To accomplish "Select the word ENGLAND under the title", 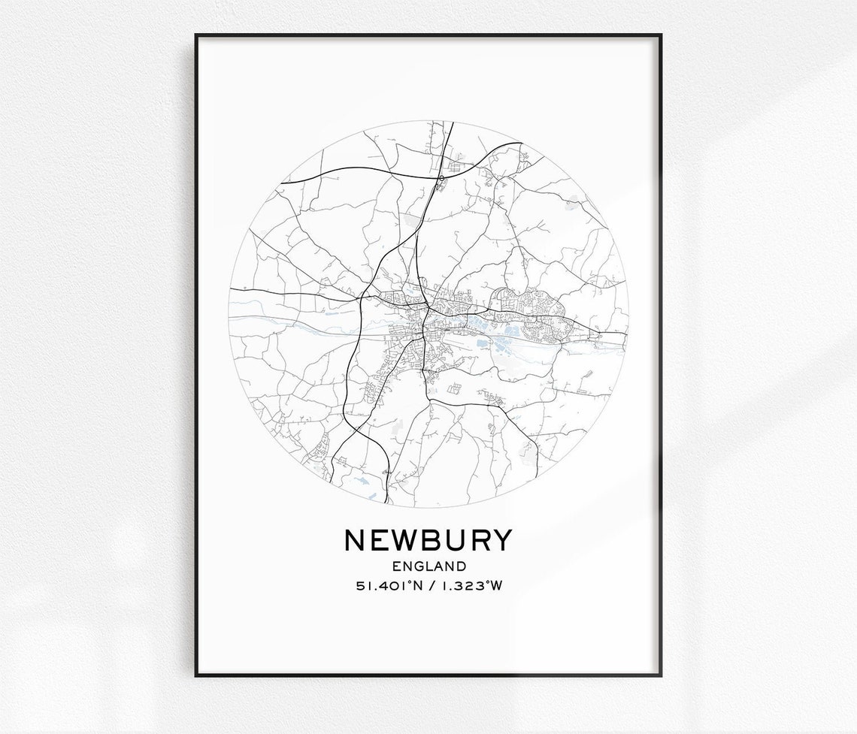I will point(428,566).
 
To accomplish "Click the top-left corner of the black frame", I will point(196,35).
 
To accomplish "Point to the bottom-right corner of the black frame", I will point(660,675).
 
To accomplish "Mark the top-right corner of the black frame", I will point(660,35).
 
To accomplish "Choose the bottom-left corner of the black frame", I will point(196,675).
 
